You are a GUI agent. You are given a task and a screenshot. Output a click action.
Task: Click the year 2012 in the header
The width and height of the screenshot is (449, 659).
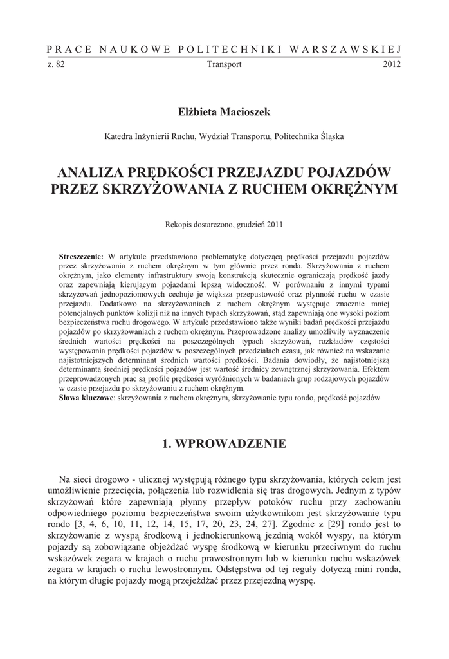pos(392,64)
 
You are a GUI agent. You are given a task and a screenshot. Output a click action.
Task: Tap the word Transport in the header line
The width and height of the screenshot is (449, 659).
pos(225,64)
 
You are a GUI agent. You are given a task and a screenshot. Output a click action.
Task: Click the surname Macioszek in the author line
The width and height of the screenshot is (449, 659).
pos(244,112)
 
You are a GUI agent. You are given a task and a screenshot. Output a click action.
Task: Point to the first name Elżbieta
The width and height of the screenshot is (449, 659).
pos(197,112)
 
